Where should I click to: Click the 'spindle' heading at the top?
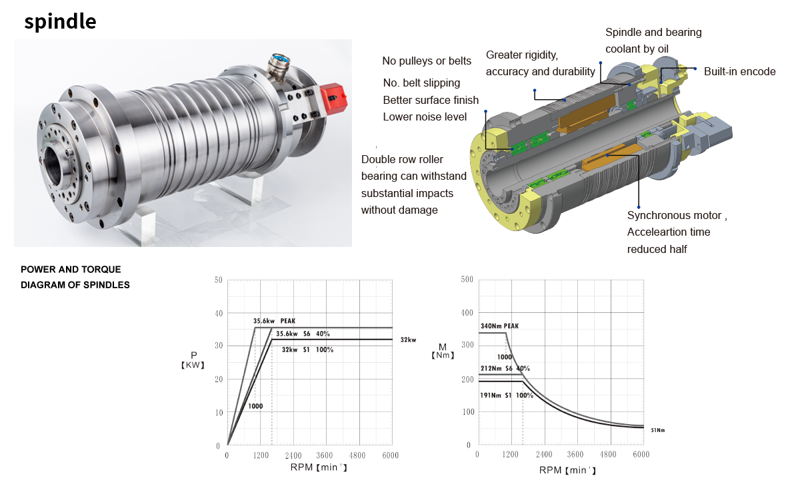61,22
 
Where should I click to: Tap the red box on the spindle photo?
333,99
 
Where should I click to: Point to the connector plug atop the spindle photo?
278,68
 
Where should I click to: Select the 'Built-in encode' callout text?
739,72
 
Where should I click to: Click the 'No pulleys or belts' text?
427,61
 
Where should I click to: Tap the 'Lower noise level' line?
425,117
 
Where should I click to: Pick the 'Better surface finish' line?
431,101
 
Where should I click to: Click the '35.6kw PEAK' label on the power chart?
274,321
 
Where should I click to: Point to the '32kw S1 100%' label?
307,350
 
